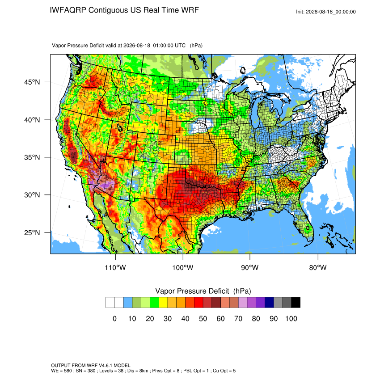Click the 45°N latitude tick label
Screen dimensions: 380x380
pyautogui.click(x=32, y=82)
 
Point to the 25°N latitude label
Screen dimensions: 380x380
pyautogui.click(x=32, y=232)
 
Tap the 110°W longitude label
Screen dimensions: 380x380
pyautogui.click(x=115, y=267)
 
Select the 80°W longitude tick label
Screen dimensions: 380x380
pyautogui.click(x=318, y=267)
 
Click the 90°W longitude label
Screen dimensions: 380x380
pyautogui.click(x=250, y=267)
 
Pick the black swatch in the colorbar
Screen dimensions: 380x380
pyautogui.click(x=296, y=303)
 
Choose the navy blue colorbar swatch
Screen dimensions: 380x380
pyautogui.click(x=269, y=303)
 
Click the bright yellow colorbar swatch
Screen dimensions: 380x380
pyautogui.click(x=163, y=303)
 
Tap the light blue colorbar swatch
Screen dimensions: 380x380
pyautogui.click(x=128, y=303)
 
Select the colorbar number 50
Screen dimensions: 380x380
pyautogui.click(x=203, y=318)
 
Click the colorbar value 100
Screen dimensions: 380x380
pyautogui.click(x=291, y=318)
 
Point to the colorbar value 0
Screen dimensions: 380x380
pyautogui.click(x=114, y=318)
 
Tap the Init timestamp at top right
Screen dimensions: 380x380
pyautogui.click(x=326, y=12)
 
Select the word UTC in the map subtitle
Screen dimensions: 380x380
pyautogui.click(x=180, y=46)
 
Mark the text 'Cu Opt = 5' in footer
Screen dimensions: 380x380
pyautogui.click(x=224, y=371)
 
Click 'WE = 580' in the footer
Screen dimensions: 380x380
pyautogui.click(x=61, y=371)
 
